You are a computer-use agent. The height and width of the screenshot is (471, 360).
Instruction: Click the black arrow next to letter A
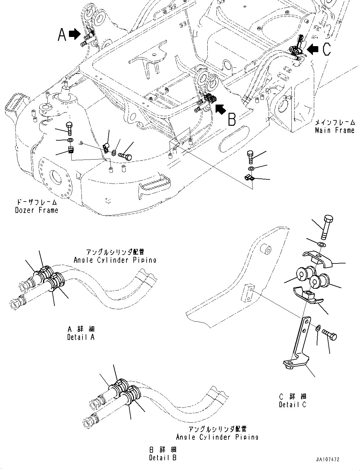[75, 34]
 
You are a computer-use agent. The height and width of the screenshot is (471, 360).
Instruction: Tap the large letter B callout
[232, 119]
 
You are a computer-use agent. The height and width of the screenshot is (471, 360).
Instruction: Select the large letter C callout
[326, 49]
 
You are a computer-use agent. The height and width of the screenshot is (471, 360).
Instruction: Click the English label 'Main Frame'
[335, 130]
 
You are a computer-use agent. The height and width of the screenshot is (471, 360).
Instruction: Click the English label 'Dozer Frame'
[37, 210]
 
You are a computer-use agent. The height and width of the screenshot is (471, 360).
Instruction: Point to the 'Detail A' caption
[81, 337]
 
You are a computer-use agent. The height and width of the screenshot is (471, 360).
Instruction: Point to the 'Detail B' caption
[163, 457]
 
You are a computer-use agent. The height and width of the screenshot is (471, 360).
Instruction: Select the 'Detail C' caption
[293, 404]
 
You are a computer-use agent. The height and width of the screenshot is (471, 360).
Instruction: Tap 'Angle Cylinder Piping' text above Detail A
[115, 260]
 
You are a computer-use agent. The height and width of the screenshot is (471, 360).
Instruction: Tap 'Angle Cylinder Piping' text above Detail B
[217, 437]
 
